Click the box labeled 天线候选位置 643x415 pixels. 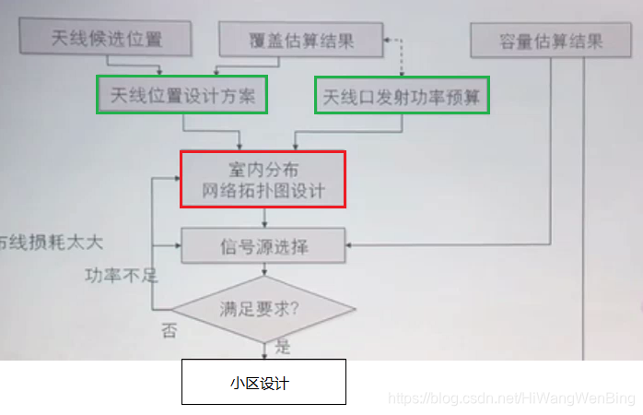click(107, 39)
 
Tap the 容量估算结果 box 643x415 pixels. click(551, 41)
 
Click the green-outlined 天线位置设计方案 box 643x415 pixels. click(182, 95)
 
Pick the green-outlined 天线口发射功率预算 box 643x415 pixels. click(403, 95)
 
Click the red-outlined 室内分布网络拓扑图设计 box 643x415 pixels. click(263, 180)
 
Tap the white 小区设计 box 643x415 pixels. click(263, 382)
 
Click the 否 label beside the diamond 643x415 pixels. click(170, 330)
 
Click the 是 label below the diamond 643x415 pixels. click(282, 347)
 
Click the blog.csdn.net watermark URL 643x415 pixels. click(511, 398)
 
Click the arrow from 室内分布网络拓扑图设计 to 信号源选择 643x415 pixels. click(265, 218)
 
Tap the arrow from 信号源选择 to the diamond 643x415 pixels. click(265, 268)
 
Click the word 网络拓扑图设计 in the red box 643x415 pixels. click(263, 192)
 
